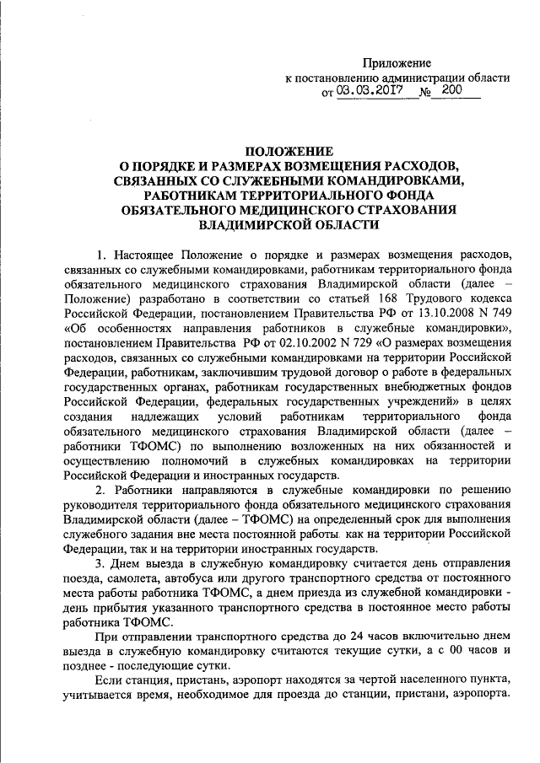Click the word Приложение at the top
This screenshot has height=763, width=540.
point(397,63)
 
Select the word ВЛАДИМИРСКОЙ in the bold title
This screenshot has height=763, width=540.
point(251,226)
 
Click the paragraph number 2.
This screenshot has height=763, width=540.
point(100,491)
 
